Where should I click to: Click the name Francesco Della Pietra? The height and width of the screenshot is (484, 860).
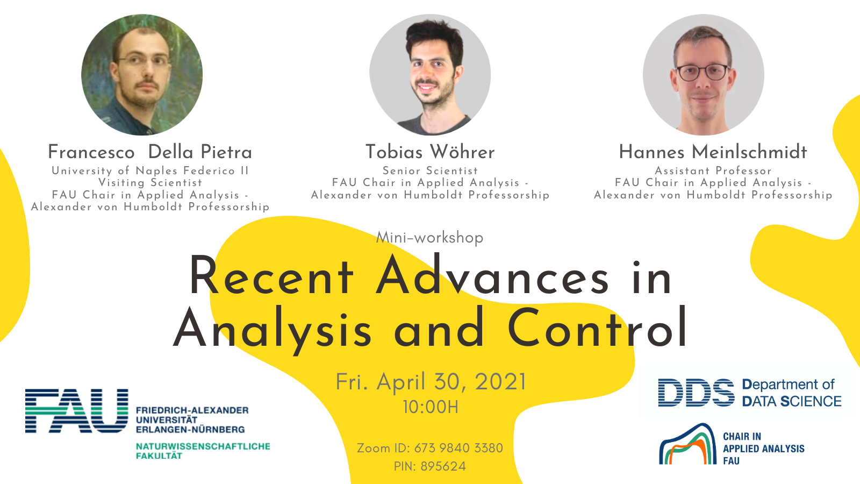(x=150, y=152)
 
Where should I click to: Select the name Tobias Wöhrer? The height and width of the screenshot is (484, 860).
(x=430, y=152)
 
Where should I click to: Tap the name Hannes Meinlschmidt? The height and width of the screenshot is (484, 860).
(x=713, y=152)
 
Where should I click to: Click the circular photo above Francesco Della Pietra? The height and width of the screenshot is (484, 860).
(x=142, y=75)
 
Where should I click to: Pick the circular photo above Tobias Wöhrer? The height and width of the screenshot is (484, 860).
(x=430, y=75)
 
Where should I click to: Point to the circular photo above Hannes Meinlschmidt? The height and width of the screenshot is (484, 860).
(x=704, y=75)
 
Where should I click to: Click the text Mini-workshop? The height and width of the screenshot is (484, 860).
(x=429, y=237)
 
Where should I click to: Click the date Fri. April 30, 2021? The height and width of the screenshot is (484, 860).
(x=431, y=382)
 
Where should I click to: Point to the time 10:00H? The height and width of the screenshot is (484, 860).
(x=431, y=407)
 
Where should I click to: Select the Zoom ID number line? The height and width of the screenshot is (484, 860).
(x=429, y=448)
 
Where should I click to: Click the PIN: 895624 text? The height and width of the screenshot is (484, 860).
(x=429, y=466)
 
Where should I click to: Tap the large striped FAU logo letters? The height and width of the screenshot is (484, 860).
(x=76, y=411)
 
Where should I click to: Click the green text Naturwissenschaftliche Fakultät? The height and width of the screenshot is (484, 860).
(x=203, y=451)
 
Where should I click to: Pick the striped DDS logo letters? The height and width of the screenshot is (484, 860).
(x=696, y=393)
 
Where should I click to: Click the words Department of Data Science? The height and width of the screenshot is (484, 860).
(x=791, y=393)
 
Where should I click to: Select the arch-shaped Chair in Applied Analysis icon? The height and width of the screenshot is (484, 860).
(x=687, y=444)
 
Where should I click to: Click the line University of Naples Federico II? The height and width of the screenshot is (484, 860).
(x=150, y=170)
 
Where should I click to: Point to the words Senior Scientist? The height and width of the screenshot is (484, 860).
(x=430, y=170)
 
